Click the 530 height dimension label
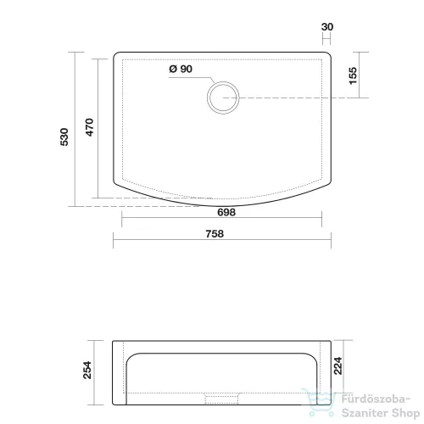64,137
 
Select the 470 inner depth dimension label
89,127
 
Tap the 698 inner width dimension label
226,212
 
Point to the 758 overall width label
215,234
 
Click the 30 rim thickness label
327,27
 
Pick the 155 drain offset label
353,75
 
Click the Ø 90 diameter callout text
181,69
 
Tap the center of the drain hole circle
223,98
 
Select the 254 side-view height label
87,370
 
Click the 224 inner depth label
338,366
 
